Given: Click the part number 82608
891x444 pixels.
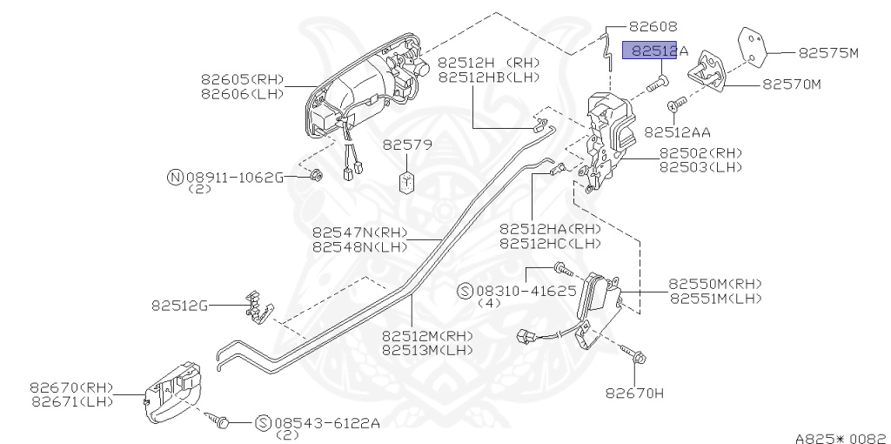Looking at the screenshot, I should pos(665,27).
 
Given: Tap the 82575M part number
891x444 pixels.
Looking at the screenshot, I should pos(828,53).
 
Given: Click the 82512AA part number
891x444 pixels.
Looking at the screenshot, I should pos(677,132).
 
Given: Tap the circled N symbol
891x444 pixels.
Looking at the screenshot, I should pos(175,178).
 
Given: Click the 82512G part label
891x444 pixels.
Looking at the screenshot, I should pos(180,306).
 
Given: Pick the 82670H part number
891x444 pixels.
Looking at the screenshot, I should pos(634,393).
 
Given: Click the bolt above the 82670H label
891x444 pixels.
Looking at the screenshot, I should pos(634,354).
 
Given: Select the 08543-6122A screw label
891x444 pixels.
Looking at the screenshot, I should pos(327,423).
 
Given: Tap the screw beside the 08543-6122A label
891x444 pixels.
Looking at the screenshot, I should pos(221,421).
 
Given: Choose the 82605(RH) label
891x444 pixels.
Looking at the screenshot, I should pos(242,79).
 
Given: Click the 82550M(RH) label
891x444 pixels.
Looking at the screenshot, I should pos(714,284).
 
